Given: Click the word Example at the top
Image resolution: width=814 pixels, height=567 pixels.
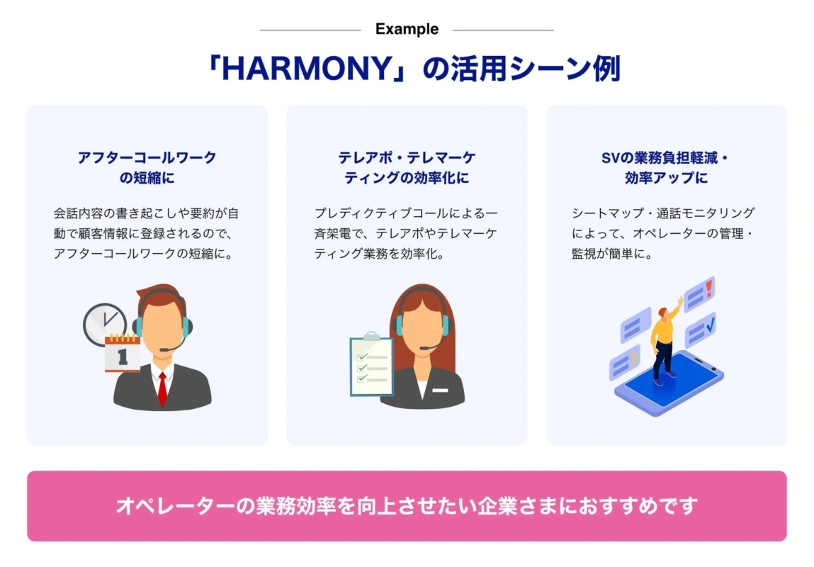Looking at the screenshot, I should (x=407, y=30).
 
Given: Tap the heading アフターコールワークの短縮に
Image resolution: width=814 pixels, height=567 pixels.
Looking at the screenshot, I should (x=147, y=168).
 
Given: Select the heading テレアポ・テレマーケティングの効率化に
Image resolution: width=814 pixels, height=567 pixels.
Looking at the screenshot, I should (x=407, y=168).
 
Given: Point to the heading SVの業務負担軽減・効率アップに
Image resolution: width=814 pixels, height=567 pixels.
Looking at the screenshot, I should (x=666, y=168).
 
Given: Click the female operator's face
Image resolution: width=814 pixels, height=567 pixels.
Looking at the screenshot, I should (x=422, y=326).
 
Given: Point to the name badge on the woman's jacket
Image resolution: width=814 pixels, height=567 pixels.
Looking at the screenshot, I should (x=440, y=391).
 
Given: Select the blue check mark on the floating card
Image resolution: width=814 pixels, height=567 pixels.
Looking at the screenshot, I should (x=710, y=325).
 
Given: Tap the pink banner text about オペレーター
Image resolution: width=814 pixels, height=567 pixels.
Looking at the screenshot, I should (x=407, y=506).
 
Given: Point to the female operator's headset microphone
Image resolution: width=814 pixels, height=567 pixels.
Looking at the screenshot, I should (x=424, y=348).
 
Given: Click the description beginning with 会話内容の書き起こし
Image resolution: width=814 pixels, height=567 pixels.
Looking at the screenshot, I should (x=147, y=232).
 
